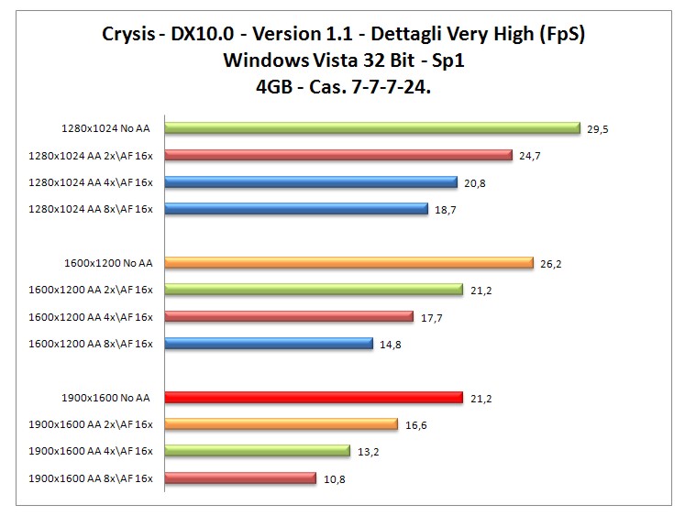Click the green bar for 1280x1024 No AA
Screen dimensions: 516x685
(x=371, y=128)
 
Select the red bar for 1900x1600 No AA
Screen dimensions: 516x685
(x=313, y=397)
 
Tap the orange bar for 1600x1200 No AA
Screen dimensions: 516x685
(x=348, y=263)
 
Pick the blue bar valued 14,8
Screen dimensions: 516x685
(x=268, y=344)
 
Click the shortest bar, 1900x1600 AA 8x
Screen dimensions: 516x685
(x=239, y=478)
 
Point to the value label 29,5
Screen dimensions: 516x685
(x=598, y=129)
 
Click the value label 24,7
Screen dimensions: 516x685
(x=529, y=156)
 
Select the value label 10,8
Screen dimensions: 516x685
(x=334, y=478)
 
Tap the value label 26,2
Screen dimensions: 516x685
(x=550, y=263)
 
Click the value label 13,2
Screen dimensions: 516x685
(x=369, y=451)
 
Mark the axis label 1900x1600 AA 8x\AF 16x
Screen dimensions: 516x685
(x=91, y=478)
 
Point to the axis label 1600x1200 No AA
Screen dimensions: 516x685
(x=109, y=263)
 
